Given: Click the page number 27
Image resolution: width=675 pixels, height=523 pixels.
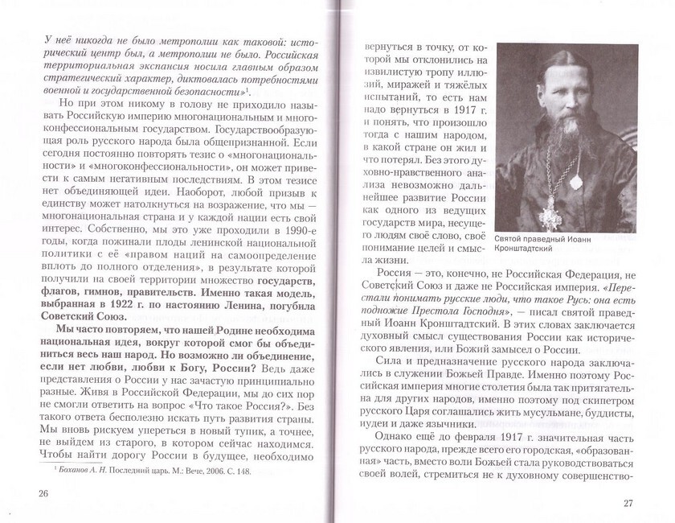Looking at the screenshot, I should pos(629,503).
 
